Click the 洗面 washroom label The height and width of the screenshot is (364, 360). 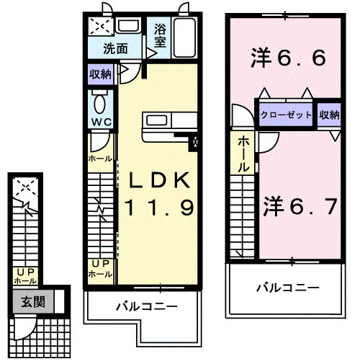coord(115,49)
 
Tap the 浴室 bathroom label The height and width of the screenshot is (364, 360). coord(159,37)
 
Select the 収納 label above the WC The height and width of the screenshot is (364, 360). coord(100,74)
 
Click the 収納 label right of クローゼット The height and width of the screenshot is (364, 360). coord(329,115)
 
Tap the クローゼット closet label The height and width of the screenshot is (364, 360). coord(286,115)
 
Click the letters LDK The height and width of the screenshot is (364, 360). coord(160,179)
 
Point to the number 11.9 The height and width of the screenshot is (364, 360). coord(160,208)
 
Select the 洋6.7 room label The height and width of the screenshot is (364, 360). coord(299,206)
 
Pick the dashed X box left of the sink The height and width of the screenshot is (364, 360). coord(100,27)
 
